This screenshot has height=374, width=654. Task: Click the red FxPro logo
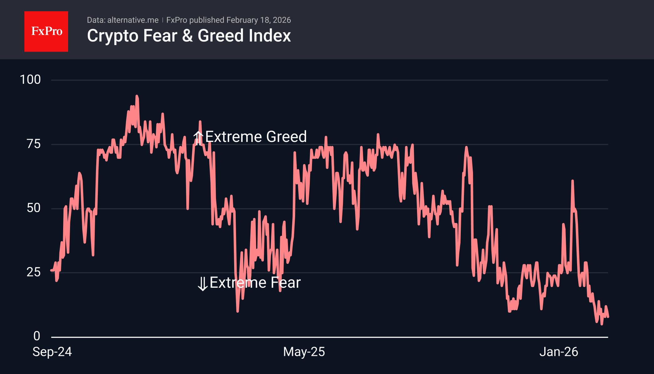46,31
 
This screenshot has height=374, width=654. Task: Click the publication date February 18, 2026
259,20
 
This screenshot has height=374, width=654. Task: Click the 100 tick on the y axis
30,80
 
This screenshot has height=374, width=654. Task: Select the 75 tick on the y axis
34,144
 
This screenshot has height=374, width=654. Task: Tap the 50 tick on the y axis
34,208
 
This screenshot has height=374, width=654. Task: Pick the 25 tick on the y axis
34,272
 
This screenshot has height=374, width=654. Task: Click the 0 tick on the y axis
37,336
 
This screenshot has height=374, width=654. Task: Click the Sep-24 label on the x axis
52,352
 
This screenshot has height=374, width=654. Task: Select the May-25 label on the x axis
304,352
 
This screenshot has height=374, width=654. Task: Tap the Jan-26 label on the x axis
559,352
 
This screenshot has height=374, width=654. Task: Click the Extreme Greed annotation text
256,137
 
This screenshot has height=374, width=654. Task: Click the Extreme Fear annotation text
255,283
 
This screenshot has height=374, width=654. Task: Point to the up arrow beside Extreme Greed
198,138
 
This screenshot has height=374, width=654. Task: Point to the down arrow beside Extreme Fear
203,284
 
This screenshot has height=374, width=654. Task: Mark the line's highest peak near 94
137,96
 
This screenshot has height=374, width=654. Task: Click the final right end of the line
608,317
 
